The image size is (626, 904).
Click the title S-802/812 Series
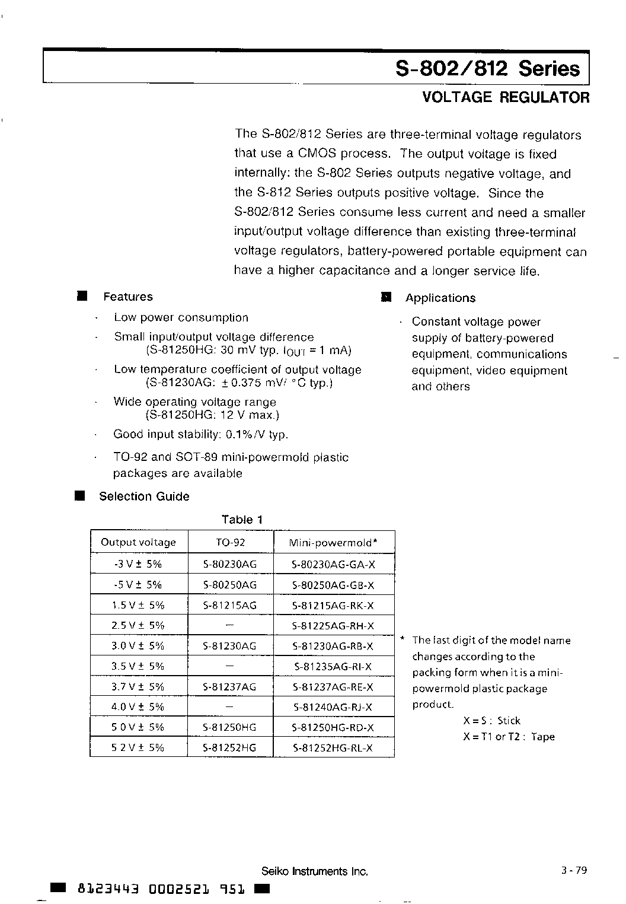487,69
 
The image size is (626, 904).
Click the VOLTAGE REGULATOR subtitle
506,98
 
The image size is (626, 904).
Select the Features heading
127,297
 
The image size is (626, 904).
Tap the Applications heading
440,298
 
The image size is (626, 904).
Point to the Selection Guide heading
144,496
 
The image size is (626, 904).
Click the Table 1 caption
242,520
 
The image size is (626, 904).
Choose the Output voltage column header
138,542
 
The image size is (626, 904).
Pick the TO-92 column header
230,542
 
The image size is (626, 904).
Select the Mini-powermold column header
333,542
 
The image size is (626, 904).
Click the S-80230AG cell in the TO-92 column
230,564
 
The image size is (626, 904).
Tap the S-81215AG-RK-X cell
333,605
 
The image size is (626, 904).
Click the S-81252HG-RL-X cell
333,748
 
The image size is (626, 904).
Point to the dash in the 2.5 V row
230,625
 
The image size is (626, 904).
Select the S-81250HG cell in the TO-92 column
230,727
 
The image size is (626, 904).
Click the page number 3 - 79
573,870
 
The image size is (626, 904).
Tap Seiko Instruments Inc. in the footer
315,871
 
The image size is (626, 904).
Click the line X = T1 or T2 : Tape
509,737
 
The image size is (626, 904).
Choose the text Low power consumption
181,317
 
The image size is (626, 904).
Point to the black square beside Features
82,295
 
